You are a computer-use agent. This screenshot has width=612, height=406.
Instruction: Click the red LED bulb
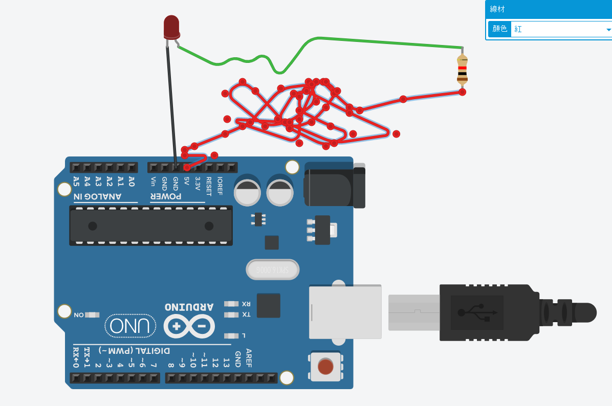[171, 27]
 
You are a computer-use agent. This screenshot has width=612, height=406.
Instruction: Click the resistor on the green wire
[462, 70]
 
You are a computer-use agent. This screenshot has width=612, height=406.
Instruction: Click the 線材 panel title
[497, 9]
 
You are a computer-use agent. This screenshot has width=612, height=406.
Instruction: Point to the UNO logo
[130, 326]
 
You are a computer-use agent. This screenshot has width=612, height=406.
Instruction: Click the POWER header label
[166, 196]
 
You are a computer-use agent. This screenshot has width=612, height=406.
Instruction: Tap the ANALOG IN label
[97, 196]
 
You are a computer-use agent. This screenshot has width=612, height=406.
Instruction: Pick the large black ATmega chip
[151, 225]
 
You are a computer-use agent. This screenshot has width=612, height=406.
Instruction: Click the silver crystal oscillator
[272, 269]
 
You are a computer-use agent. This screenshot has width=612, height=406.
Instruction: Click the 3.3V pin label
[198, 183]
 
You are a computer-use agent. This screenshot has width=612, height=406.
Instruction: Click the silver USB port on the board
[345, 311]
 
